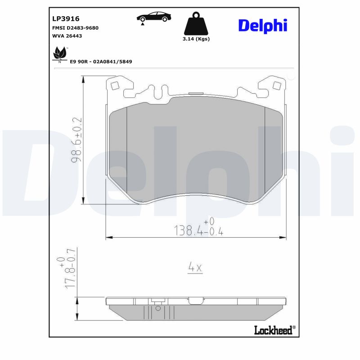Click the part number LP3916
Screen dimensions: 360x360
tap(66, 19)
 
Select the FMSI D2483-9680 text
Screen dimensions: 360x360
tap(76, 28)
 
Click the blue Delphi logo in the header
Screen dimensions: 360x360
tap(262, 26)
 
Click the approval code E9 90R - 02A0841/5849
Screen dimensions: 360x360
tap(101, 61)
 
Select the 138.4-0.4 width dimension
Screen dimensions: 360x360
tap(198, 230)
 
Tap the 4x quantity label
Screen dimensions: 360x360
tap(195, 268)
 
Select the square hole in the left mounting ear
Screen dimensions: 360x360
tap(115, 85)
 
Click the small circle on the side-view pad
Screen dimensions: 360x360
tap(157, 309)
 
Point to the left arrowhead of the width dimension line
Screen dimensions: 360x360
tap(108, 237)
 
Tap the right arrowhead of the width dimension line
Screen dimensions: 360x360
tap(284, 237)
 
